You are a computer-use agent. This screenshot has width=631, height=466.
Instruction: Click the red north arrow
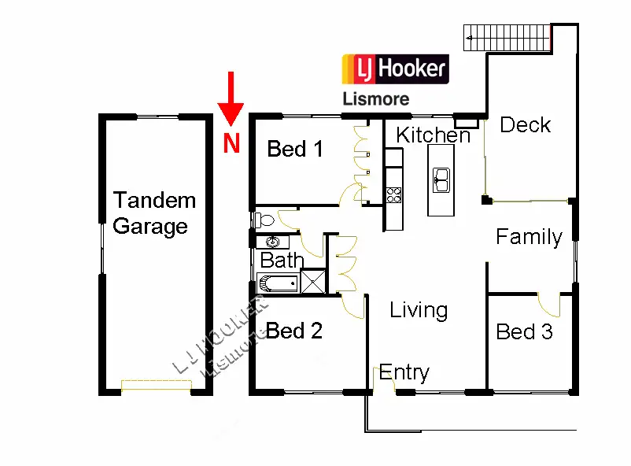(x=230, y=98)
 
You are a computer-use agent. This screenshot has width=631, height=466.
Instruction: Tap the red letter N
(x=231, y=144)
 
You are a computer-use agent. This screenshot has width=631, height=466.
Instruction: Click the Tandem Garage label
(x=153, y=213)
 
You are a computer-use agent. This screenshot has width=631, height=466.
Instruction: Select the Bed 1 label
(x=295, y=149)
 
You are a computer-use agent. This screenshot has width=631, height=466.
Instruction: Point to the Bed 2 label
(x=294, y=331)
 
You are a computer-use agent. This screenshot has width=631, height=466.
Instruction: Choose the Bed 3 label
(x=524, y=332)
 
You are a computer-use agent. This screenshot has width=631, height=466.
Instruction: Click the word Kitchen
(x=433, y=135)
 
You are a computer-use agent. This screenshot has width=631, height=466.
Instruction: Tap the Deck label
(x=525, y=125)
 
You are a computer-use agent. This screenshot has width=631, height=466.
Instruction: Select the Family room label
(x=529, y=237)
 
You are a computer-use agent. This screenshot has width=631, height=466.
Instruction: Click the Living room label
(x=419, y=310)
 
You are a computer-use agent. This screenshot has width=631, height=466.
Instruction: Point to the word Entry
(x=404, y=372)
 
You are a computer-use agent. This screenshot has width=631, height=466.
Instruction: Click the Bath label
(x=282, y=260)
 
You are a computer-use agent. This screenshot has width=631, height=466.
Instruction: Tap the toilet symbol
(x=264, y=219)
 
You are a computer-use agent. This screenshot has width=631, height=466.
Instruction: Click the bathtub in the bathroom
(x=277, y=283)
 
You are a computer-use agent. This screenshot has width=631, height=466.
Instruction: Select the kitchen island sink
(x=441, y=179)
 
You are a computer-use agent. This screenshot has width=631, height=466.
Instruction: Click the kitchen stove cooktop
(x=393, y=194)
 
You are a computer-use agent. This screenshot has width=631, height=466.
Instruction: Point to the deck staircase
(x=507, y=36)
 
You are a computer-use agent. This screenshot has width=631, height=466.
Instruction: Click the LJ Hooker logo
(x=394, y=69)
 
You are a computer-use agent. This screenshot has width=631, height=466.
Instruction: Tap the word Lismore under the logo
(x=375, y=100)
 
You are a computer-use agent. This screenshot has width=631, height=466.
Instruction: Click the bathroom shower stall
(x=314, y=281)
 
